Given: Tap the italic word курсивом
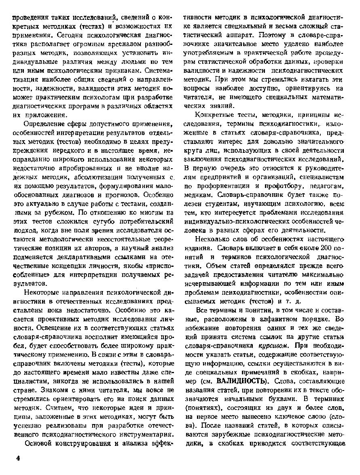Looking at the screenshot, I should [274, 346].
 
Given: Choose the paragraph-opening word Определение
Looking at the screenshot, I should [44, 124].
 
